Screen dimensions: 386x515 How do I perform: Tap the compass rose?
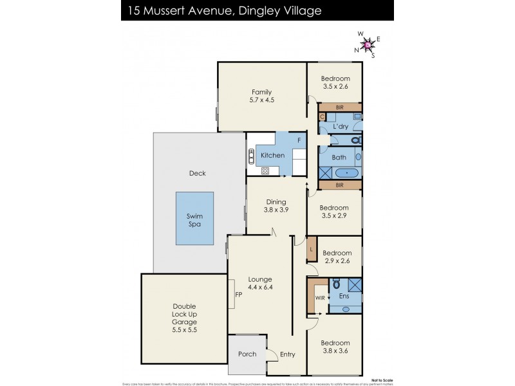368,44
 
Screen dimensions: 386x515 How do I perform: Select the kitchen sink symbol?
250,156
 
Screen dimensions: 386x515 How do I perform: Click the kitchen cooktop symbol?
265,170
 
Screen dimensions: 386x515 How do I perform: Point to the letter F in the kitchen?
298,140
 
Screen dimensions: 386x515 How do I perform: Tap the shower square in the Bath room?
326,172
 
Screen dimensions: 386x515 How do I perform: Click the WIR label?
319,298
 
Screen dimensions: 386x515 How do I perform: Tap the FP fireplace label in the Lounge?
238,295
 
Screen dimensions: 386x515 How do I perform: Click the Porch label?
247,354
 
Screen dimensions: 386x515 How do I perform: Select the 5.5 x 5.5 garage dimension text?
183,329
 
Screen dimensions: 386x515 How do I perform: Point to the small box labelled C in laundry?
323,117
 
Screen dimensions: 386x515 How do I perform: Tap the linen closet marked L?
312,249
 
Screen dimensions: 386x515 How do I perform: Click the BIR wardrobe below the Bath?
340,185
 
